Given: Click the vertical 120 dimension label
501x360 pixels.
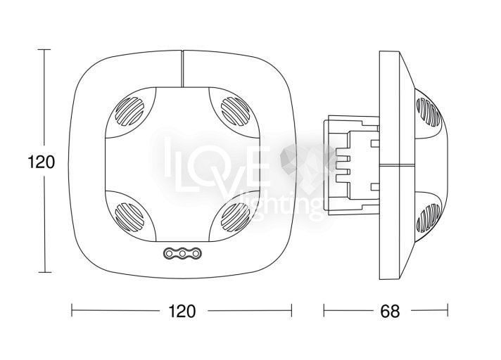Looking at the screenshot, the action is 42,162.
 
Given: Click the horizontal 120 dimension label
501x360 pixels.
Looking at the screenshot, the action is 182,311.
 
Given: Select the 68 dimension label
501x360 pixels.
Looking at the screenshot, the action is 390,311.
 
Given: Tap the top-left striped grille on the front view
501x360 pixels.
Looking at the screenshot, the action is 129,111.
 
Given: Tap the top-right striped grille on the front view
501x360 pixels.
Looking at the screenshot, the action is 235,111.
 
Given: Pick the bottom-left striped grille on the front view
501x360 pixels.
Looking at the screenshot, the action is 129,217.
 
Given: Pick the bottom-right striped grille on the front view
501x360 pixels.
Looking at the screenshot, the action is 235,217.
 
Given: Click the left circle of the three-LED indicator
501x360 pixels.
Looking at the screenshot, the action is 170,253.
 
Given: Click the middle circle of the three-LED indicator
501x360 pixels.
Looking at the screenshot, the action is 182,253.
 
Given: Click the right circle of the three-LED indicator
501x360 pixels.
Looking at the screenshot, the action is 196,253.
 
